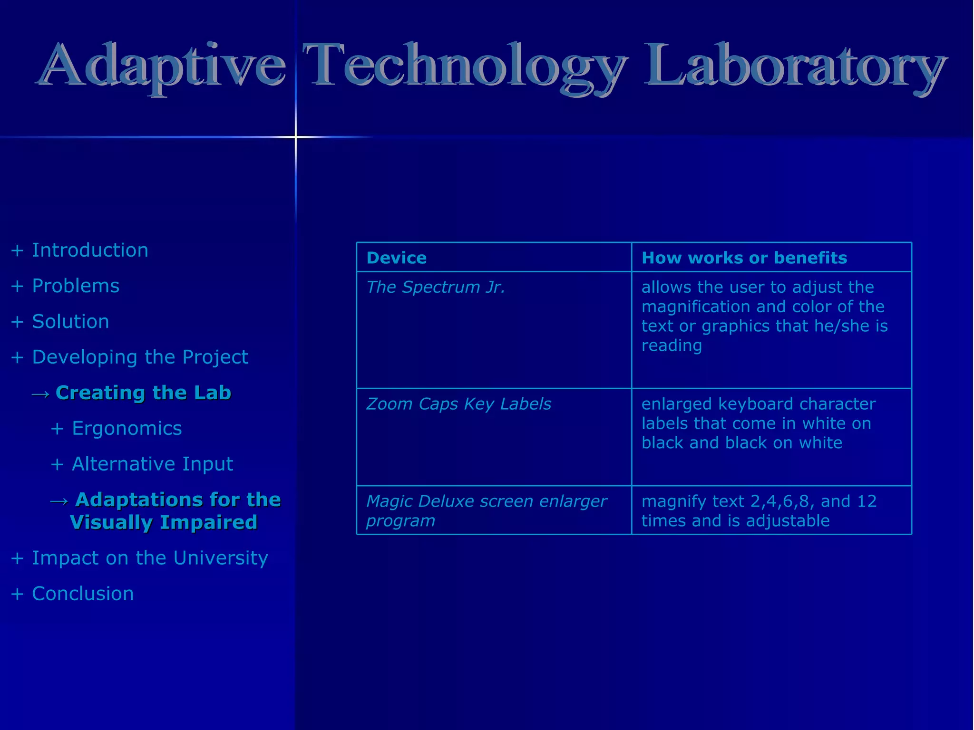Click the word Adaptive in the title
pos(162,67)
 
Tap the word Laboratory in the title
pos(794,67)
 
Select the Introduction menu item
pos(90,250)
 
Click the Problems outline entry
pos(76,286)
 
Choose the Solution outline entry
pos(70,322)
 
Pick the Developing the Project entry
pos(140,357)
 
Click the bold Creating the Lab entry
pos(143,393)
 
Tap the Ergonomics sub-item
pos(127,429)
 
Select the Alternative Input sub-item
pos(152,464)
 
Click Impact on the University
pos(150,558)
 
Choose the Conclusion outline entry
pos(83,594)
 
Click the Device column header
pos(397,258)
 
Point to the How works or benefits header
pos(744,258)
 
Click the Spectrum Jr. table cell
pos(436,288)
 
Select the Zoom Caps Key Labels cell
pos(458,404)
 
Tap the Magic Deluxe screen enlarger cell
pos(486,511)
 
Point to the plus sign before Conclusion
pos(17,594)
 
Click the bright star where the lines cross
pos(296,137)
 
